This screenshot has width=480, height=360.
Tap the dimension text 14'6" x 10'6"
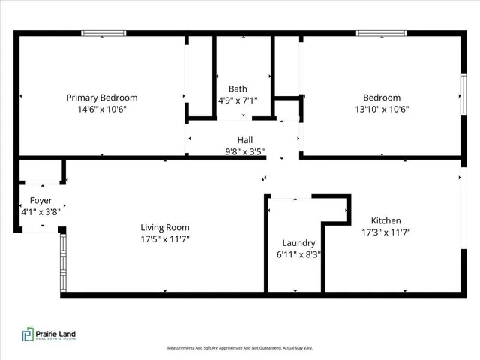(x=102, y=109)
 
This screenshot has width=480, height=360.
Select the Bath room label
(x=237, y=89)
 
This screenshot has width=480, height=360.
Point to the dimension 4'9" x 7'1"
(x=237, y=100)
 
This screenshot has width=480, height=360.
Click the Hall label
(x=245, y=140)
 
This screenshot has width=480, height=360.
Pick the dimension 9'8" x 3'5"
(x=245, y=151)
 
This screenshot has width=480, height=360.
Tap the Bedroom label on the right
(x=382, y=97)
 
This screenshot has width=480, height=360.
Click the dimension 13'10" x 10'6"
(x=382, y=109)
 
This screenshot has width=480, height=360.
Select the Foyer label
(x=40, y=201)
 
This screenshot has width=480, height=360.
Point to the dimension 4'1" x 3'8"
(x=40, y=212)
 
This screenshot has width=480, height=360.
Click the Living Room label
(x=165, y=228)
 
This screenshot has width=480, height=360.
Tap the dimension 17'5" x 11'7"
(x=165, y=239)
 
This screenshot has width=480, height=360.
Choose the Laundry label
(x=298, y=244)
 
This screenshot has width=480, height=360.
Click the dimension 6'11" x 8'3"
(x=298, y=255)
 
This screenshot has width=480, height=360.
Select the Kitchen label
(x=385, y=221)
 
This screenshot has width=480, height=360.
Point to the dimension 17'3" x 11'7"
(x=385, y=232)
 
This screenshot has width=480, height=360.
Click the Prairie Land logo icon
(x=28, y=334)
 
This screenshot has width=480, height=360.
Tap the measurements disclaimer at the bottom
(x=239, y=348)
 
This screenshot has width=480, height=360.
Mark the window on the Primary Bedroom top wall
(x=103, y=33)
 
